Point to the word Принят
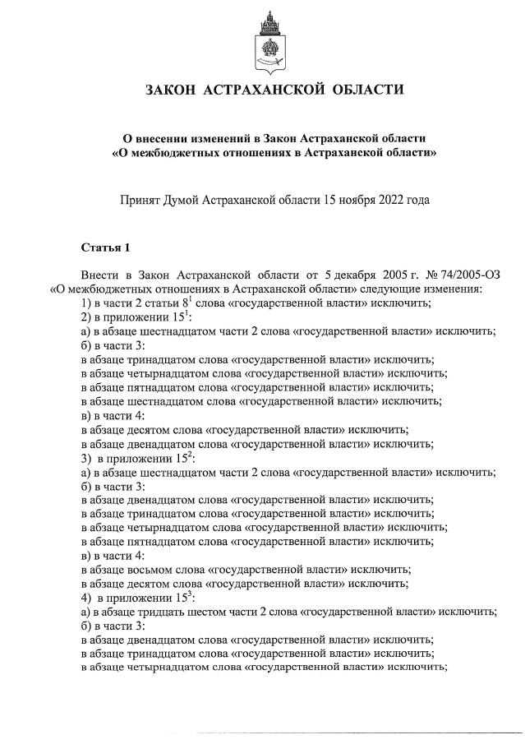142,199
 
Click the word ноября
346,199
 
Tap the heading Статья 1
105,247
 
